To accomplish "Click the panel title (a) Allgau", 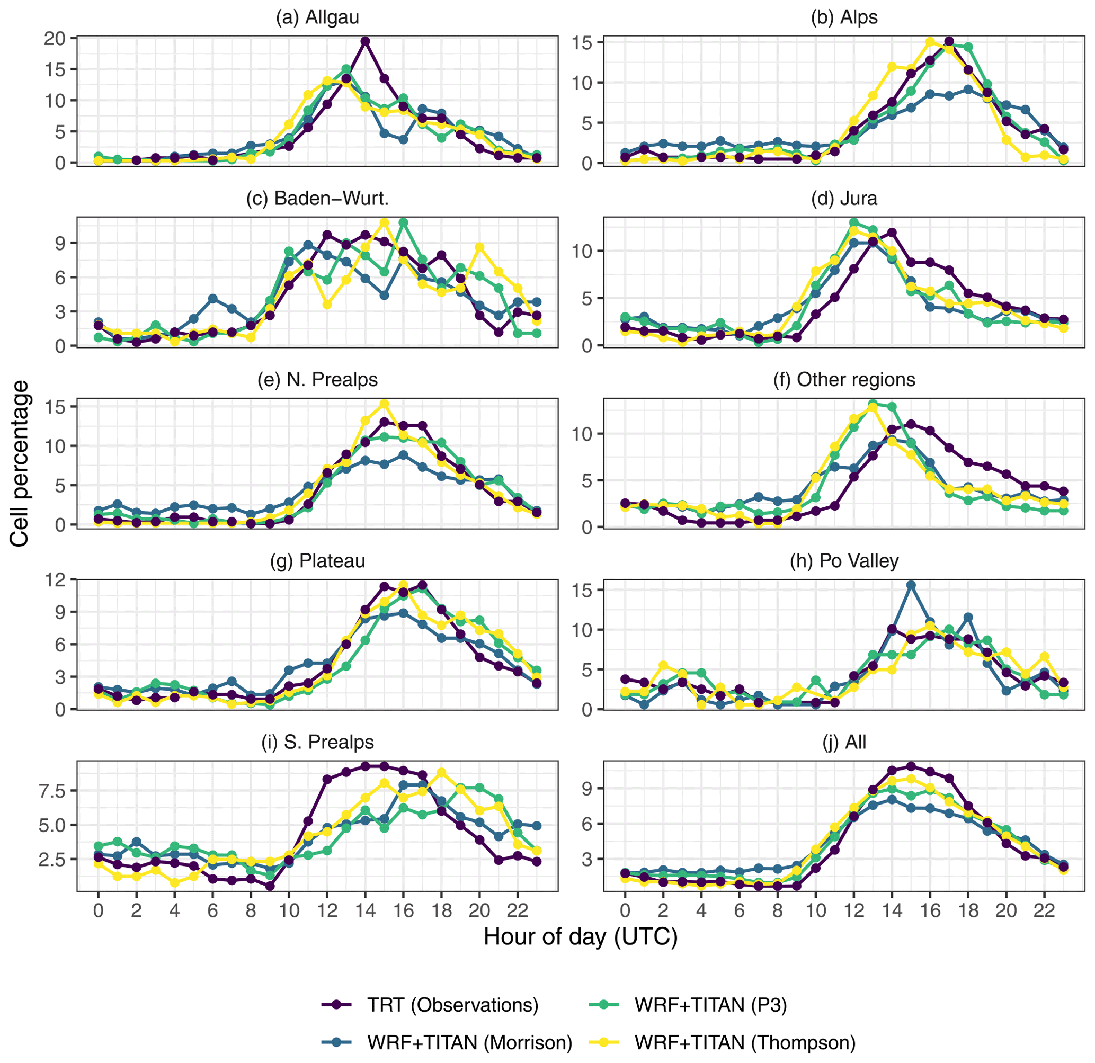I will tap(317, 17).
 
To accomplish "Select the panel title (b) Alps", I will tap(844, 17).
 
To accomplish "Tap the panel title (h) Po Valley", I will tap(844, 561).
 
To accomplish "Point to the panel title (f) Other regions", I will tap(844, 380).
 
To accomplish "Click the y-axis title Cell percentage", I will tap(20, 463).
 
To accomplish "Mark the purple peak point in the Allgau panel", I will tap(366, 41).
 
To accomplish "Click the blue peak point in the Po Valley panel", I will tap(911, 585).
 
